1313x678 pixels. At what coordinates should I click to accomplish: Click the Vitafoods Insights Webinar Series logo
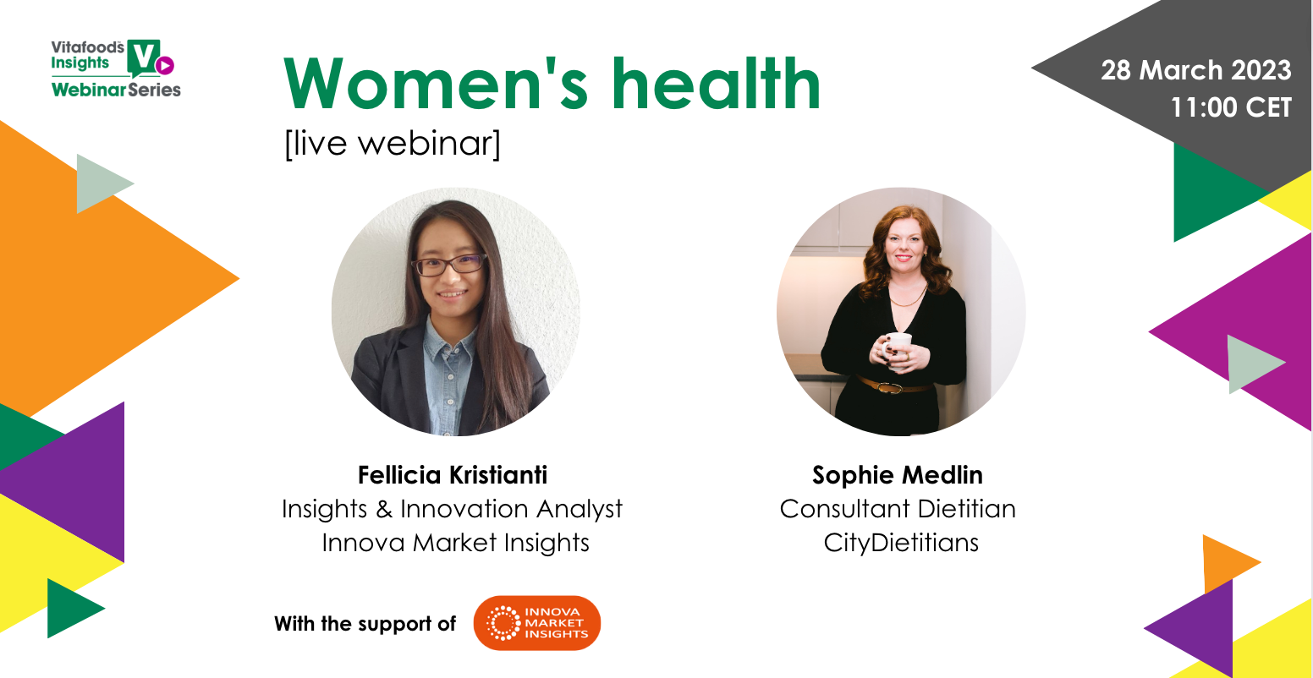(x=116, y=68)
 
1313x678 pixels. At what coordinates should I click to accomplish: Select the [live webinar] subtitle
(x=393, y=144)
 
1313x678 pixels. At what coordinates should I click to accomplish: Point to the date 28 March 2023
(x=1195, y=71)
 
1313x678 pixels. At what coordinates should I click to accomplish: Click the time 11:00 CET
(x=1231, y=107)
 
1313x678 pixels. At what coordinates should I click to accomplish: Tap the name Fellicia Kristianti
(x=453, y=475)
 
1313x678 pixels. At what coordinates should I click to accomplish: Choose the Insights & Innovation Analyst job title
(x=452, y=509)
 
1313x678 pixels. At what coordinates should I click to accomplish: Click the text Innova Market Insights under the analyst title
(x=455, y=542)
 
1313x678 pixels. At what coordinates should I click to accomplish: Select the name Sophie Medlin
(x=898, y=475)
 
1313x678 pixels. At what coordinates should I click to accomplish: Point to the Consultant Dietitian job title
(x=898, y=509)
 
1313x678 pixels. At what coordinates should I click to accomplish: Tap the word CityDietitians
(x=901, y=543)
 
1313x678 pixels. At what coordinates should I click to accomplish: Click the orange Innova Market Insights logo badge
(x=537, y=623)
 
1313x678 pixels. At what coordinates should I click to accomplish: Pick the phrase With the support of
(x=365, y=624)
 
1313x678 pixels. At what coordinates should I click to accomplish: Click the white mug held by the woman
(x=898, y=347)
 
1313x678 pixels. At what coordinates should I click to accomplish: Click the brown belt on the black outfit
(x=892, y=385)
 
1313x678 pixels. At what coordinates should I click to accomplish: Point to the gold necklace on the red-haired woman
(x=908, y=296)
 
